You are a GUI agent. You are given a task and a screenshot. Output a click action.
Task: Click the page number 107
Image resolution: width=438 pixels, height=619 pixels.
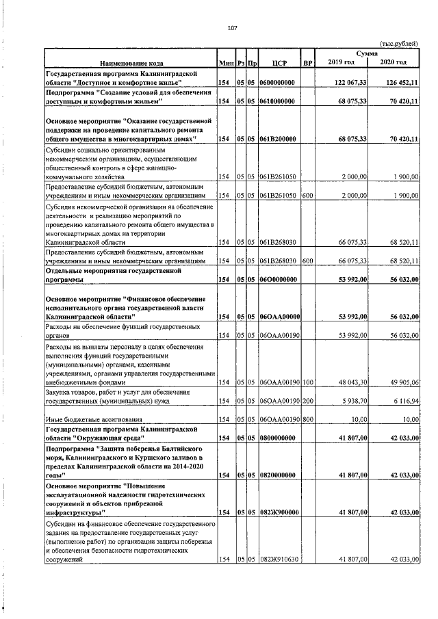pyautogui.click(x=232, y=28)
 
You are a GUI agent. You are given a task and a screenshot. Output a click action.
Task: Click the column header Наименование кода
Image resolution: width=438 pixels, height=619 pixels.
pyautogui.click(x=131, y=63)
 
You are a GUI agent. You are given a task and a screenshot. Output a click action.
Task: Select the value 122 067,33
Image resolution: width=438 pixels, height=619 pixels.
pyautogui.click(x=348, y=82)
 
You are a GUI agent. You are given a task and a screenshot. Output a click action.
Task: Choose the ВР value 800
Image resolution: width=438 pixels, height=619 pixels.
pyautogui.click(x=308, y=420)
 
